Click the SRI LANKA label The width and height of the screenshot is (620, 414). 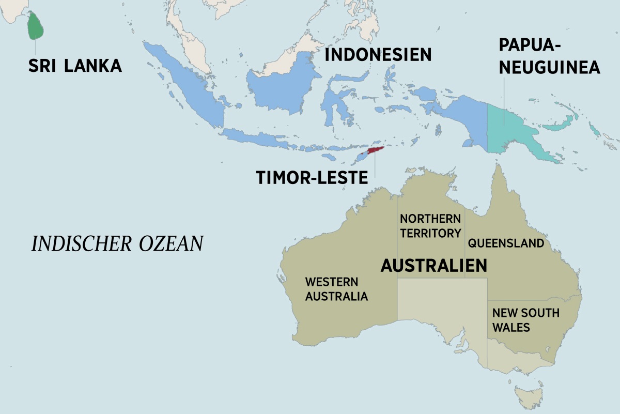(x=75, y=66)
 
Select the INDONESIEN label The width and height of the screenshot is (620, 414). (x=378, y=54)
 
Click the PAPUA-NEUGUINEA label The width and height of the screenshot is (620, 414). (x=549, y=56)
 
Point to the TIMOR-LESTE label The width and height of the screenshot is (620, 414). (x=312, y=177)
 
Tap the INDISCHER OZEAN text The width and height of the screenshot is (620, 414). (x=117, y=244)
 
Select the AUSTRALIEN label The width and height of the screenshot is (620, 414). (x=433, y=265)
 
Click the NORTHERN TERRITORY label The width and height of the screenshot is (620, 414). (x=430, y=226)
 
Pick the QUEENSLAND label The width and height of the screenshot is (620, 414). (x=506, y=243)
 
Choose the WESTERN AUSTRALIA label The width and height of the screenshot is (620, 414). (x=336, y=289)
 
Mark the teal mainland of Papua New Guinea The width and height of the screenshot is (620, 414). (x=512, y=129)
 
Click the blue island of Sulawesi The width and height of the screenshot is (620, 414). (x=336, y=103)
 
